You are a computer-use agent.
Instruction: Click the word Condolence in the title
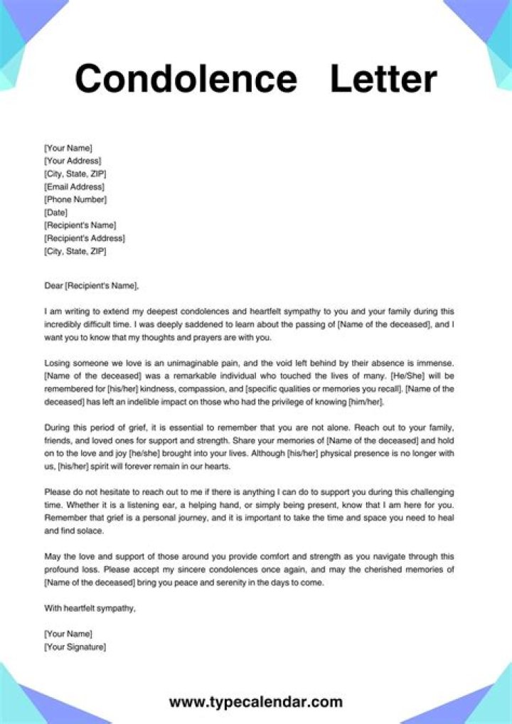click(x=186, y=78)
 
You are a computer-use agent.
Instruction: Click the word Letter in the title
click(x=383, y=78)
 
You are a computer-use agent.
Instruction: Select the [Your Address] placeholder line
click(x=73, y=161)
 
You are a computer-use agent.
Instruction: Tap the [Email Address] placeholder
click(x=74, y=186)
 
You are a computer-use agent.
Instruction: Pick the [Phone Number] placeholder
click(x=75, y=199)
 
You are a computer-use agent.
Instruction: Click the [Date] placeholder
click(x=56, y=212)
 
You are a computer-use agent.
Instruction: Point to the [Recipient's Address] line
click(x=84, y=238)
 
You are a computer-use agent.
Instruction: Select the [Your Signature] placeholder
click(x=75, y=646)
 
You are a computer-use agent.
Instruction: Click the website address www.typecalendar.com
click(x=256, y=702)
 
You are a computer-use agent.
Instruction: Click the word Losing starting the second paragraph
click(x=58, y=363)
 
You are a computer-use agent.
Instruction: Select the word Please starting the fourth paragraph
click(x=59, y=492)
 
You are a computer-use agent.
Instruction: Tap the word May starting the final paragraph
click(x=53, y=556)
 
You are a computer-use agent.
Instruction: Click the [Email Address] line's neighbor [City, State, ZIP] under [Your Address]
click(x=75, y=174)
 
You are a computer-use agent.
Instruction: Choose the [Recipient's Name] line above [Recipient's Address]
click(x=80, y=225)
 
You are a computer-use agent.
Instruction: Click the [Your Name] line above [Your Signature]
click(x=68, y=634)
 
